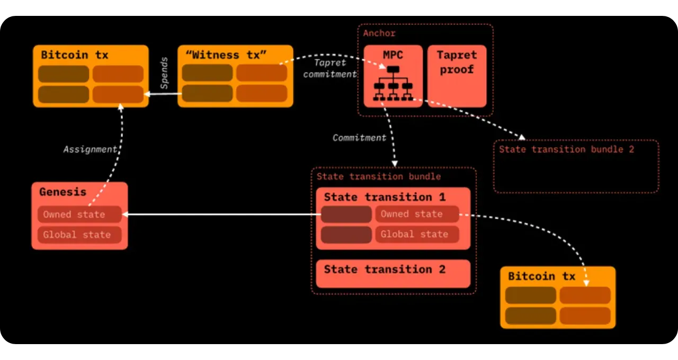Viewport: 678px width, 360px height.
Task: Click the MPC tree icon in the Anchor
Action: point(392,84)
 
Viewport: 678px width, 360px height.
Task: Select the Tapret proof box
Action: point(457,76)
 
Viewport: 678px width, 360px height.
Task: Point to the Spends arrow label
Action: point(164,73)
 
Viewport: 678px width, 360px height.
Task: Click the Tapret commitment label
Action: point(330,69)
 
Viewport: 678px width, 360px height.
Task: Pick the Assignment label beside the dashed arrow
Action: point(90,149)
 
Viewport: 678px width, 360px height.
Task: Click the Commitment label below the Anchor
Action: point(359,138)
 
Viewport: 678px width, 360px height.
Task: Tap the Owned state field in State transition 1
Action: point(417,214)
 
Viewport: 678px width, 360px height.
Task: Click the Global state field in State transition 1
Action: point(417,234)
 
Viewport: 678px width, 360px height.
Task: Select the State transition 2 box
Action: point(392,273)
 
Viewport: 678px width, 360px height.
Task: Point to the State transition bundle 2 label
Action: point(566,149)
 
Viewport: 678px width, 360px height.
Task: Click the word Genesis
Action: point(63,192)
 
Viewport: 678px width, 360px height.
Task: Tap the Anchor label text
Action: point(379,33)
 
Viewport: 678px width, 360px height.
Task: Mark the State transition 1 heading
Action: point(385,197)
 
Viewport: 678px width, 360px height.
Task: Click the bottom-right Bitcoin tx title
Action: point(541,276)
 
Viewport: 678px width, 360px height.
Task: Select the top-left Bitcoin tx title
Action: point(74,55)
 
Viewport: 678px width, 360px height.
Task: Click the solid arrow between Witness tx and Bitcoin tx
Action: point(163,94)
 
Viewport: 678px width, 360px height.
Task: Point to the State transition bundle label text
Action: point(378,176)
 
